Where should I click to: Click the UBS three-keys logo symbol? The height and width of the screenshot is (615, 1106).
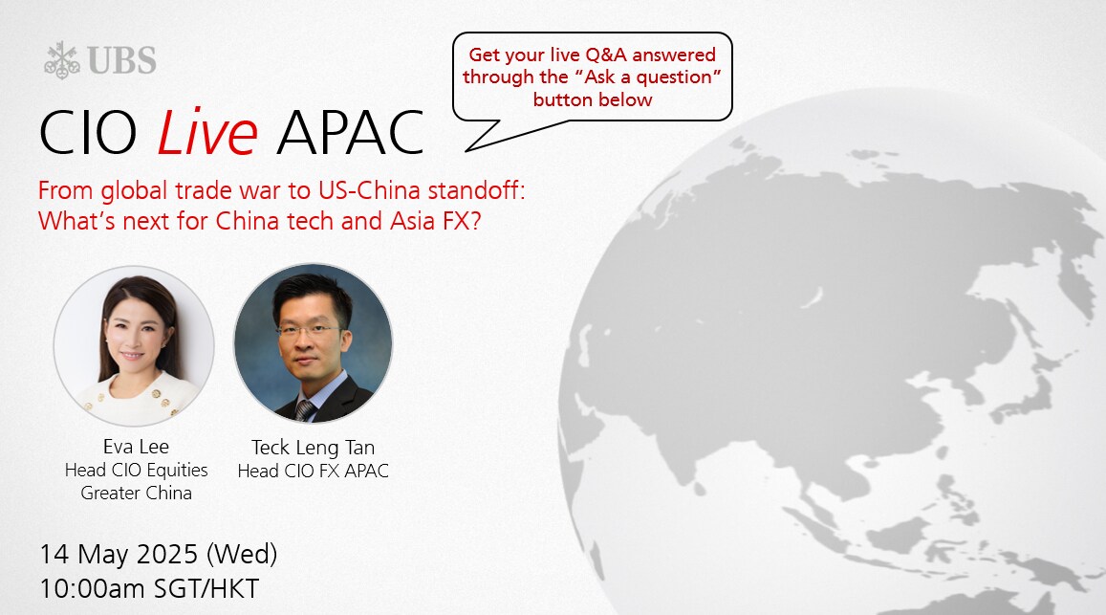(x=62, y=60)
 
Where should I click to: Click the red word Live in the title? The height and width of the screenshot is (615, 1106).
(x=206, y=133)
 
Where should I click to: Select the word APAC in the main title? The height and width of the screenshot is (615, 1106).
(x=350, y=133)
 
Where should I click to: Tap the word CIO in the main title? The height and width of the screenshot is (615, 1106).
(x=87, y=133)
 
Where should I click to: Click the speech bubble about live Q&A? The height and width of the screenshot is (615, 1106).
(x=592, y=77)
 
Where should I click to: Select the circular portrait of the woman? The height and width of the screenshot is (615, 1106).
(x=134, y=346)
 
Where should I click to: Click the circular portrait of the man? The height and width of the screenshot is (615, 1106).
(x=314, y=344)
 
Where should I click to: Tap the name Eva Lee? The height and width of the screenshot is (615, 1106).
(x=136, y=447)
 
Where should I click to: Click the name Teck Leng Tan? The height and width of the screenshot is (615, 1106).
(x=314, y=447)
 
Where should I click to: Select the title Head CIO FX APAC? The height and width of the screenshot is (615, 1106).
(x=314, y=471)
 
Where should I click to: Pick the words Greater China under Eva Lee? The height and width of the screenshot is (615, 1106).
(x=136, y=493)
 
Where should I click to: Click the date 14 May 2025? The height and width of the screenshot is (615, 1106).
(x=119, y=555)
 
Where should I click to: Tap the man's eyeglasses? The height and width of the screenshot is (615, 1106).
(x=308, y=330)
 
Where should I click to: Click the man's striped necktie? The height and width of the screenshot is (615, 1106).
(x=305, y=410)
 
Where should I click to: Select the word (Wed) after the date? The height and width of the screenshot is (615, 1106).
(x=242, y=555)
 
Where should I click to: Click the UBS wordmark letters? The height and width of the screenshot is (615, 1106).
(x=122, y=60)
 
